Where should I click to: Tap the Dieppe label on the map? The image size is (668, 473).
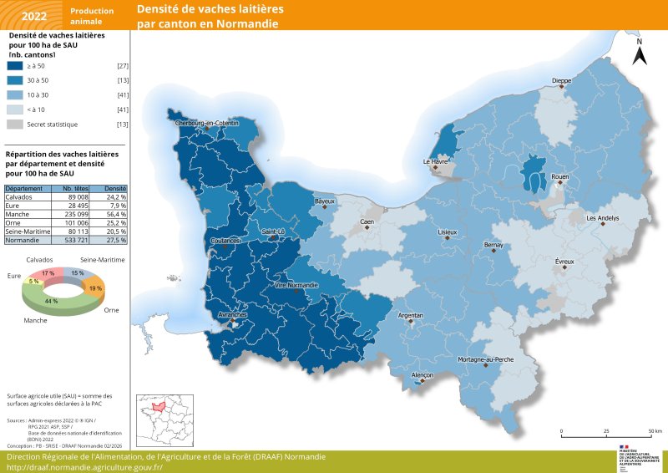(562, 80)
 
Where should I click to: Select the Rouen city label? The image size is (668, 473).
(560, 177)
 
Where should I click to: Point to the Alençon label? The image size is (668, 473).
(423, 375)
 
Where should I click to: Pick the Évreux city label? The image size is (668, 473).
(565, 262)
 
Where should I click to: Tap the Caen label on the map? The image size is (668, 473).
(367, 221)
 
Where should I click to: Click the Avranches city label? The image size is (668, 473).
(231, 314)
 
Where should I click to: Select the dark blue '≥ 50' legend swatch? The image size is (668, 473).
(15, 65)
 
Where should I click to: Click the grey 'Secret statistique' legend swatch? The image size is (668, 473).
(15, 125)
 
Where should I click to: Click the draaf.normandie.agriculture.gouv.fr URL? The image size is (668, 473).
(84, 467)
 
